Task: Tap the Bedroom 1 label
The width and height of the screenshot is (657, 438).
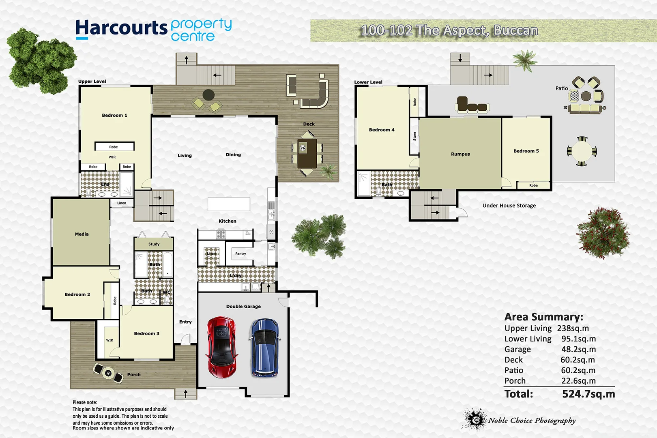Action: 114,116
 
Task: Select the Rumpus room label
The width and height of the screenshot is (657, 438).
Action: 460,154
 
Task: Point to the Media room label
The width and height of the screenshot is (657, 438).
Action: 82,234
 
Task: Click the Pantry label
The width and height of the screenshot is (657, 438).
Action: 240,254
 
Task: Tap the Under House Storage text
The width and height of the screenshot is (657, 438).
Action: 509,206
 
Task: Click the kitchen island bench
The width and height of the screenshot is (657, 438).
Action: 229,204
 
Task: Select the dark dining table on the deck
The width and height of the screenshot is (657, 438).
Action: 307,154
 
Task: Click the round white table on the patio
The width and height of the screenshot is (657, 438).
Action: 582,152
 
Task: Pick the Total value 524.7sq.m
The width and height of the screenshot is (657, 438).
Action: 588,394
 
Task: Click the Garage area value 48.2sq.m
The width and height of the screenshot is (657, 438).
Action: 578,349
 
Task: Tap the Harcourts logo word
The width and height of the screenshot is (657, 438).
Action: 121,28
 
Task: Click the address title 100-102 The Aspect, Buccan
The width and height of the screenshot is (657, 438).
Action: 449,30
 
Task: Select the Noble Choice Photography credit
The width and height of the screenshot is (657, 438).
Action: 531,421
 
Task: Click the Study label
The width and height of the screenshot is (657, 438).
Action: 154,244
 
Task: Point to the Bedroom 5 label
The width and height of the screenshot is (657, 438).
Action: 526,151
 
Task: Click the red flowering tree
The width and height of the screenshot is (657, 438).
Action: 603,233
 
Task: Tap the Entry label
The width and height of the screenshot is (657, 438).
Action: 185,322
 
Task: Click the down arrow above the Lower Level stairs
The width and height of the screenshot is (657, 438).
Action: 460,59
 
